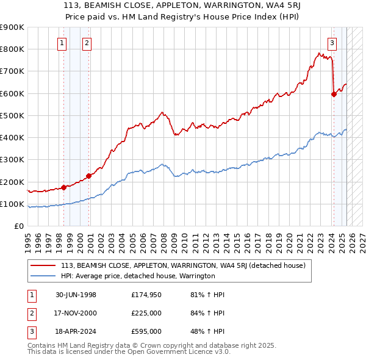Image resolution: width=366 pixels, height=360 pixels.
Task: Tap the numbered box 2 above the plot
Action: pos(87,43)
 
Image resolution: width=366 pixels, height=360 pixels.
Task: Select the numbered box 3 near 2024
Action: pos(332,43)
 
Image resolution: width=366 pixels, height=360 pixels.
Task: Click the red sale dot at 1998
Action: pos(64,187)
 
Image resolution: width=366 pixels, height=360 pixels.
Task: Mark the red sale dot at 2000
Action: pos(89,176)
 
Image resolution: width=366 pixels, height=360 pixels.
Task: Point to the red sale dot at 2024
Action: pos(334,94)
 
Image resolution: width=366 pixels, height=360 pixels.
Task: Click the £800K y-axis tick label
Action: pos(12,49)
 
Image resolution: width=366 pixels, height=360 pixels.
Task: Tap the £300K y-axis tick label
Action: pos(12,160)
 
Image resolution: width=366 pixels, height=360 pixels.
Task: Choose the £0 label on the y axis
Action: pos(18,226)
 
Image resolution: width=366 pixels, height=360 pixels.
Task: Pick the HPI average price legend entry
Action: pos(138,276)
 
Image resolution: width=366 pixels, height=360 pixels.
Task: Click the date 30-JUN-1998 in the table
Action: pos(74,295)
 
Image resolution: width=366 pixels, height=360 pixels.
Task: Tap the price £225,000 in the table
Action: pos(146,313)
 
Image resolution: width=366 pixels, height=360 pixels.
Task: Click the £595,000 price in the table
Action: pos(146,331)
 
